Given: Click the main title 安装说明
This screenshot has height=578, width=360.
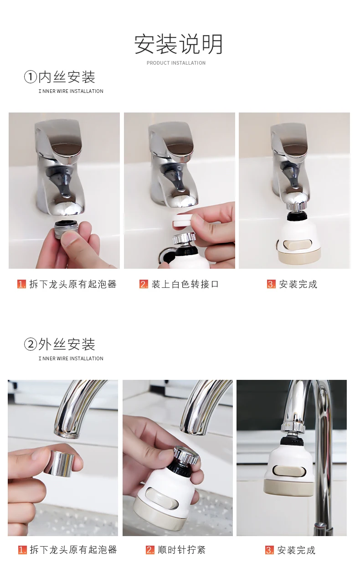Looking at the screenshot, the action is [x=178, y=44].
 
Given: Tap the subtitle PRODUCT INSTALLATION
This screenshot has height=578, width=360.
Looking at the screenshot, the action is [x=176, y=63].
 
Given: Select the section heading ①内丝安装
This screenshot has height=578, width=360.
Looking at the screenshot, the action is [x=60, y=77].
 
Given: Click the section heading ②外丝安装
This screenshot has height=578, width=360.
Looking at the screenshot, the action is [x=60, y=344].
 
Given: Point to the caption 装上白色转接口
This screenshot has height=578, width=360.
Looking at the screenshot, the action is [x=185, y=284].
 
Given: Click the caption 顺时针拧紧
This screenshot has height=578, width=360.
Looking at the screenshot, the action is [x=181, y=550].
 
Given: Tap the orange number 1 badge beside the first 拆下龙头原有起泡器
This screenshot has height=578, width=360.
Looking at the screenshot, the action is [x=22, y=284].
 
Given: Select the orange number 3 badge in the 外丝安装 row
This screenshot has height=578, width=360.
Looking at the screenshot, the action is [x=269, y=550].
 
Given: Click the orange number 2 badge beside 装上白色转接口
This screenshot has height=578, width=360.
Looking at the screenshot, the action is [x=144, y=284].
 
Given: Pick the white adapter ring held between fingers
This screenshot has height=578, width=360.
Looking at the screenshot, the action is [x=182, y=220].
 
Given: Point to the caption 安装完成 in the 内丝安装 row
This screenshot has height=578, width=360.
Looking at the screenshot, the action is [x=298, y=284].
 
